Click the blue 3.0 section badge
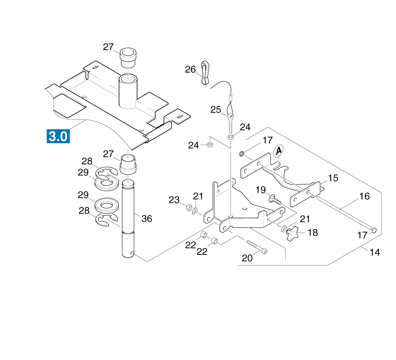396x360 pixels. click(58, 136)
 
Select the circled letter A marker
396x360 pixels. click(278, 151)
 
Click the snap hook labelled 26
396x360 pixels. click(205, 73)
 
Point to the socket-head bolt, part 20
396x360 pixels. click(257, 246)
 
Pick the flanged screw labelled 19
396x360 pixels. click(275, 200)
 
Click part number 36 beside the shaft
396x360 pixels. click(147, 219)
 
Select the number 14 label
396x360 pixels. click(375, 252)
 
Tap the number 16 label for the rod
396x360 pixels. click(364, 196)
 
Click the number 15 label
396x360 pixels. click(333, 178)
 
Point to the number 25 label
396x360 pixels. click(216, 110)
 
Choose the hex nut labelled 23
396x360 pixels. click(188, 208)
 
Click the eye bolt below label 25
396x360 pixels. click(230, 123)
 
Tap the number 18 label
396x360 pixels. click(313, 233)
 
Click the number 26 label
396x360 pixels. click(190, 69)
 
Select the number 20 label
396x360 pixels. click(247, 258)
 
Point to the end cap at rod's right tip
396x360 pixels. click(374, 230)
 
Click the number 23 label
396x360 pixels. click(174, 200)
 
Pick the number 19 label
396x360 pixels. click(260, 190)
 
